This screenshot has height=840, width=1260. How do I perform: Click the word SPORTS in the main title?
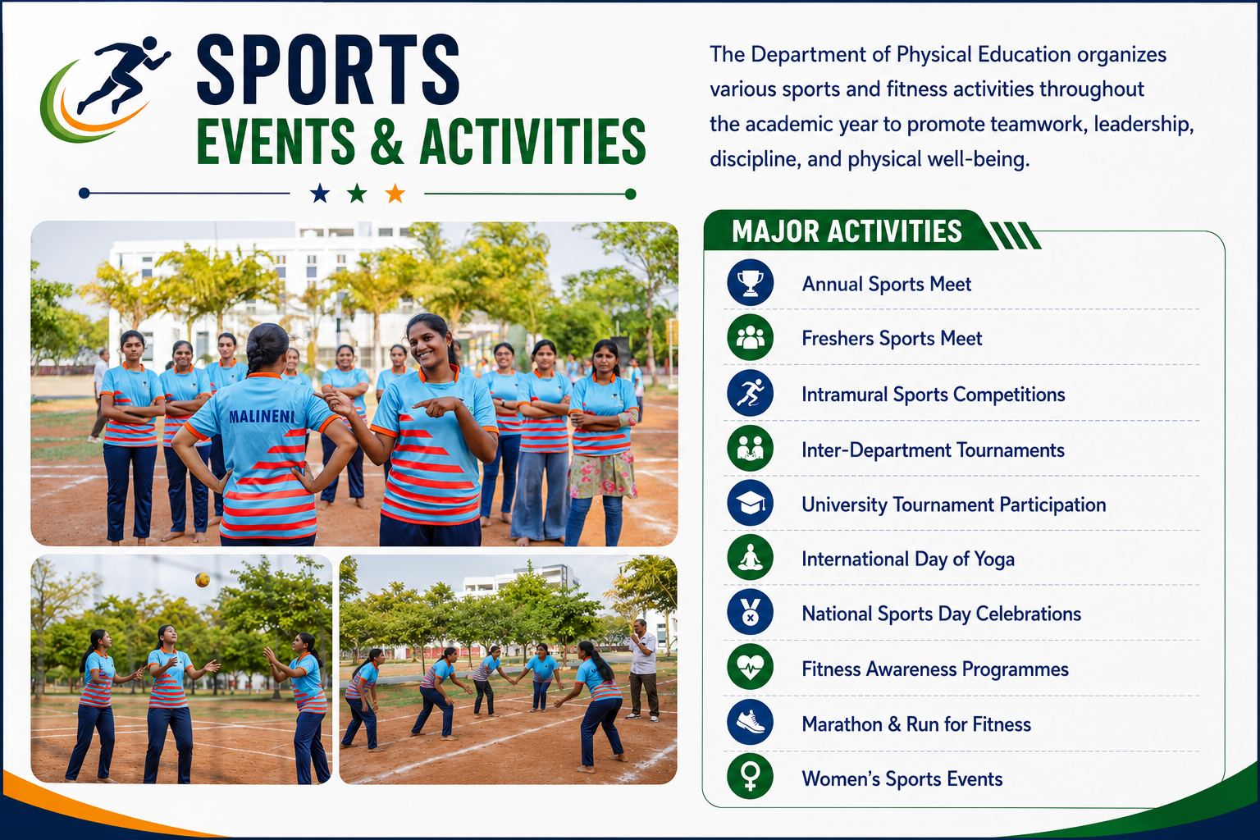328,70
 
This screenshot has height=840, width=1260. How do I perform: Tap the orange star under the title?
395,194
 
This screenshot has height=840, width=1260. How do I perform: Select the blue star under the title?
320,194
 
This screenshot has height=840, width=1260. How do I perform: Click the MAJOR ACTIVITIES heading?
847,231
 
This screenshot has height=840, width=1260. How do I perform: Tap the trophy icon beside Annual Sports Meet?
750,282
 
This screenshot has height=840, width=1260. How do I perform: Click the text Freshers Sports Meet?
892,338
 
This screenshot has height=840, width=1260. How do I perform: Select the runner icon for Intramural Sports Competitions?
750,393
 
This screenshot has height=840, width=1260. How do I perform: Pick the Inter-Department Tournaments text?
933,450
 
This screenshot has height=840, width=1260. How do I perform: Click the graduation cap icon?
750,503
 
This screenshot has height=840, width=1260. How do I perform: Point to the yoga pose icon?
750,558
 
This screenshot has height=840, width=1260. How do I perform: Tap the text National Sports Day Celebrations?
941,614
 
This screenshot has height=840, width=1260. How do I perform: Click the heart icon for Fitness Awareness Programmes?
750,667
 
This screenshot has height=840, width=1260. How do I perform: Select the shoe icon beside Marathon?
750,723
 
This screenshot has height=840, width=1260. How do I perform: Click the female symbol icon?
750,777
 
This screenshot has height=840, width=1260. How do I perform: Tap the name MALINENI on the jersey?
262,417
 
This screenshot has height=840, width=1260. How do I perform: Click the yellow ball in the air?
203,579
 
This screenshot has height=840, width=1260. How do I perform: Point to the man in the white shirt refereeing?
643,669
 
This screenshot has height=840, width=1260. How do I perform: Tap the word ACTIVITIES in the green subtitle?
532,141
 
